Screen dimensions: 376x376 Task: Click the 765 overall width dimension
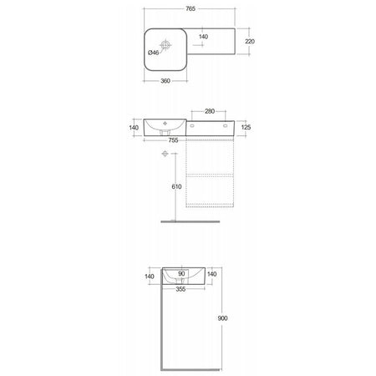pyautogui.click(x=191, y=8)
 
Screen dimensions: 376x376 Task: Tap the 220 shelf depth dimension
pyautogui.click(x=250, y=41)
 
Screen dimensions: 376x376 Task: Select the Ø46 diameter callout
pyautogui.click(x=153, y=53)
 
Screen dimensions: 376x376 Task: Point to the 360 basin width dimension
pyautogui.click(x=165, y=81)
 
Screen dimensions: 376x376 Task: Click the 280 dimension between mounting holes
pyautogui.click(x=210, y=111)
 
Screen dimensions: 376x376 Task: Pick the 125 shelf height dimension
pyautogui.click(x=246, y=127)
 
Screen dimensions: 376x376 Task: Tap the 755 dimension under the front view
pyautogui.click(x=173, y=140)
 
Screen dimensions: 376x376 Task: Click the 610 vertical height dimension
pyautogui.click(x=176, y=186)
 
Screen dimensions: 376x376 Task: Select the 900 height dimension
pyautogui.click(x=222, y=318)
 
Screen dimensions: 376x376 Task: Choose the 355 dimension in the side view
pyautogui.click(x=180, y=289)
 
